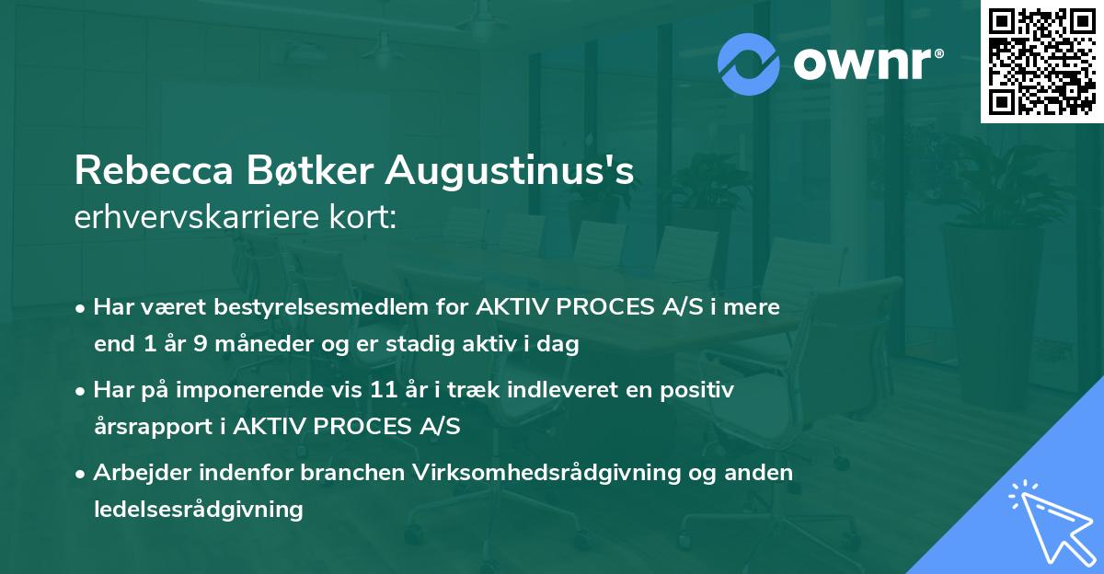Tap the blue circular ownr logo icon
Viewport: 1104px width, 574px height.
point(749,63)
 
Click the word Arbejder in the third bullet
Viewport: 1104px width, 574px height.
point(138,473)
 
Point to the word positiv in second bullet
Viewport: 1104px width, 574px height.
point(700,391)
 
